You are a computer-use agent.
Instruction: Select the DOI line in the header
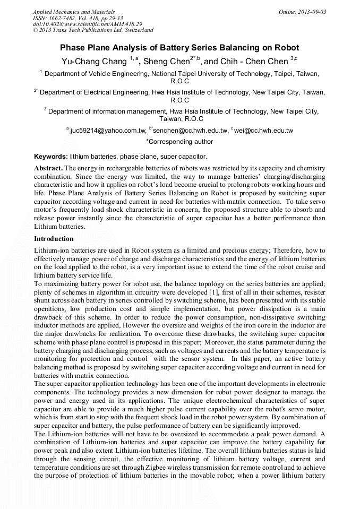[x=87, y=24]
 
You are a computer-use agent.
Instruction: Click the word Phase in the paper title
[x=73, y=48]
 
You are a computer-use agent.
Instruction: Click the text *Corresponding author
[x=179, y=142]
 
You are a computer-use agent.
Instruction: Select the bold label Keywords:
[x=51, y=157]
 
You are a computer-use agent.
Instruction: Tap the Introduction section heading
[x=54, y=239]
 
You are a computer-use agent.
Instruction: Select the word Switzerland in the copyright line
[x=136, y=30]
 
